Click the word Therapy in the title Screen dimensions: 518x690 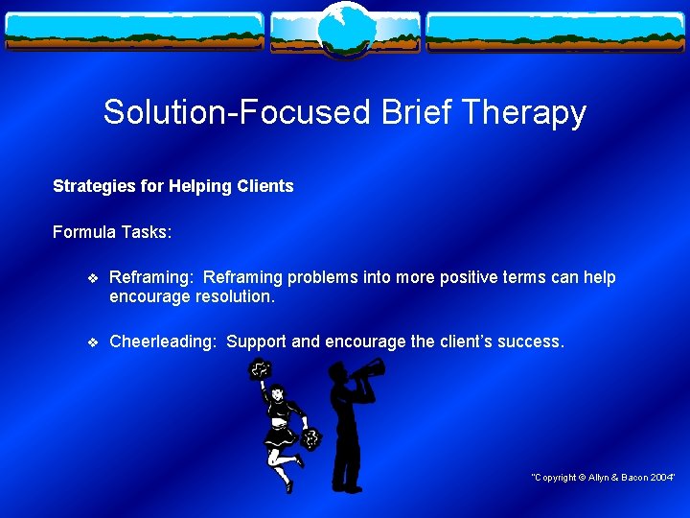point(525,113)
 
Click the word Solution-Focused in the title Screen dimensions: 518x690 point(237,113)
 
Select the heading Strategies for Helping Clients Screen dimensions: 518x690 point(172,186)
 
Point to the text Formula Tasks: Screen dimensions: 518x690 point(112,232)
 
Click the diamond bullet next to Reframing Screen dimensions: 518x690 point(92,278)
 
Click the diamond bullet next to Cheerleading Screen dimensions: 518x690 point(92,341)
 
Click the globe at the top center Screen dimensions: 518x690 point(345,27)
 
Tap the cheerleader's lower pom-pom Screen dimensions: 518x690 point(310,439)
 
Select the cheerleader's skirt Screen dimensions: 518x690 point(282,431)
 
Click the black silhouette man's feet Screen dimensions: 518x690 point(347,487)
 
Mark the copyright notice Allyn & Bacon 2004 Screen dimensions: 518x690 point(604,478)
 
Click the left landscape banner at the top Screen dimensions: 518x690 point(134,32)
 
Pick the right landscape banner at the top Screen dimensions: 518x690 point(556,32)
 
